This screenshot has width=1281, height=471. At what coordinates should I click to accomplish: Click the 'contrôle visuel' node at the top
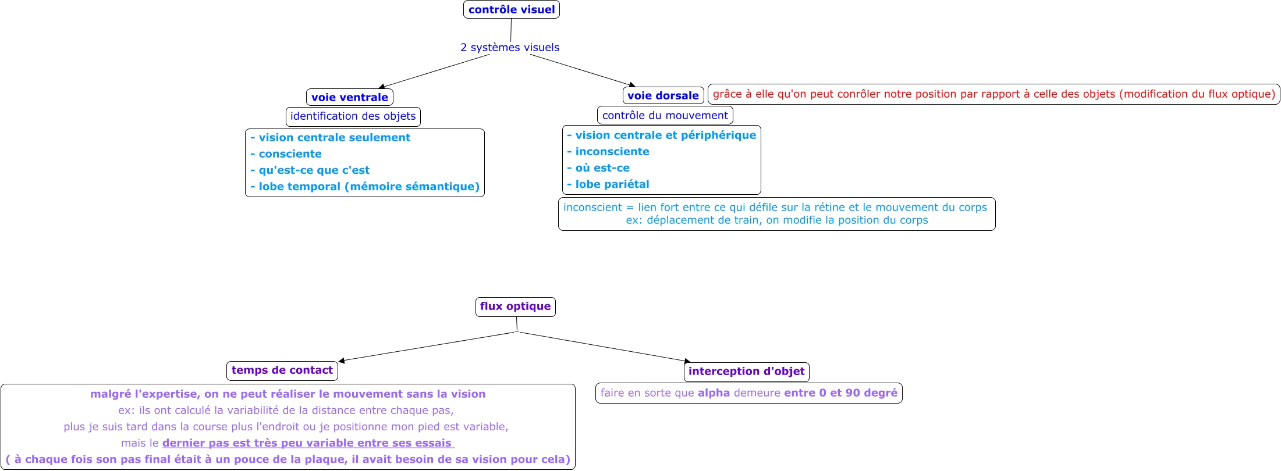511,10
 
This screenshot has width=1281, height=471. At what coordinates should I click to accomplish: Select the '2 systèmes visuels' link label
509,48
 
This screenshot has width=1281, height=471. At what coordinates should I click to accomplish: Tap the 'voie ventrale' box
349,97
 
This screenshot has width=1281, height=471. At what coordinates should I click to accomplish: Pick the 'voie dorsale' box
663,95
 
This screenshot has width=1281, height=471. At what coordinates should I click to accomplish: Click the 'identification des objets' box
353,116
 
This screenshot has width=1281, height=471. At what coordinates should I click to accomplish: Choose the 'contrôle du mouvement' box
665,115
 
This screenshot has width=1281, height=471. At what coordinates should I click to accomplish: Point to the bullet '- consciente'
286,154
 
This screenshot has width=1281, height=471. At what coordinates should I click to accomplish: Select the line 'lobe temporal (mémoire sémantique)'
365,187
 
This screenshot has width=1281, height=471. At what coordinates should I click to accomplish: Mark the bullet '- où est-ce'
598,168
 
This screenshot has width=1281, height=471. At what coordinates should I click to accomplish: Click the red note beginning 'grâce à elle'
993,94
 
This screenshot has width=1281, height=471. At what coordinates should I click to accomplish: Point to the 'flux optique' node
515,306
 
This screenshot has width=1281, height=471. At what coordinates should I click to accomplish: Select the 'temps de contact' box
282,370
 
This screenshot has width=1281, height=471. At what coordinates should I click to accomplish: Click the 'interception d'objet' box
746,372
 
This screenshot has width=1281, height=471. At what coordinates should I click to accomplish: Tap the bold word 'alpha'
714,393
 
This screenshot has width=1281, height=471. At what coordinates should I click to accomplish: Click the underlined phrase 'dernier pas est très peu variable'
307,443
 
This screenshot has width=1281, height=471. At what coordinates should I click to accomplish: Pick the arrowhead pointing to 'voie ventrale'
381,87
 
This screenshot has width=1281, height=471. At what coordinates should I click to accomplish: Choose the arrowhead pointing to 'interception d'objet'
687,362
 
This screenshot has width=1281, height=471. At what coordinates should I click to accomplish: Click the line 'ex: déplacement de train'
776,220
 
